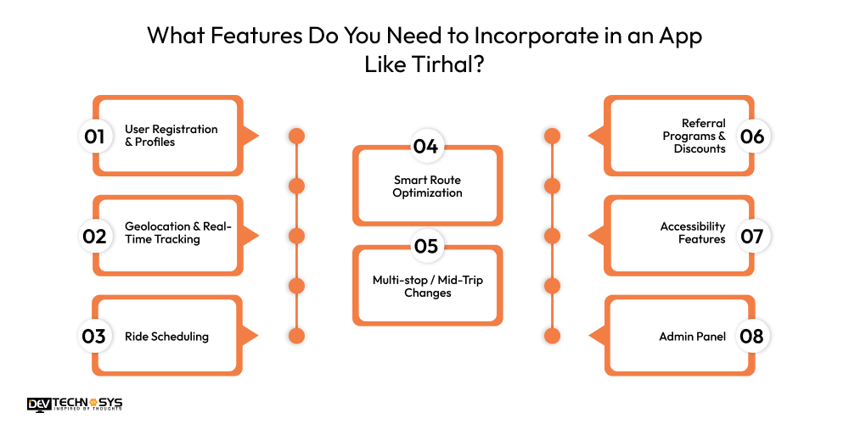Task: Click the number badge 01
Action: click(x=93, y=136)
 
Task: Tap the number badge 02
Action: click(x=93, y=236)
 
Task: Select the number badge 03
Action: click(x=93, y=336)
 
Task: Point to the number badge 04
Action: click(x=425, y=147)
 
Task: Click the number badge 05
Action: click(x=425, y=247)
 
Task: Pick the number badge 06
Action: click(x=752, y=136)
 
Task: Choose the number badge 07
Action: click(x=752, y=236)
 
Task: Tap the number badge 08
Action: click(x=752, y=336)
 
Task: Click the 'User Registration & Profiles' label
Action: click(x=171, y=136)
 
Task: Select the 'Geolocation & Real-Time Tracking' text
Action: click(x=177, y=233)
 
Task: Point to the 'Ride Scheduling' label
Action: click(x=166, y=336)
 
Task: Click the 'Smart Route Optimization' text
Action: click(x=427, y=187)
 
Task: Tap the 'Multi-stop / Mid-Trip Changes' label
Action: click(x=427, y=287)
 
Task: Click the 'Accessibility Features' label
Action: click(x=693, y=233)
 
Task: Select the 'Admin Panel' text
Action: click(x=692, y=336)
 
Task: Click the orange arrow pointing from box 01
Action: click(x=250, y=136)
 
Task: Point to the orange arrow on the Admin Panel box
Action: click(x=597, y=336)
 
